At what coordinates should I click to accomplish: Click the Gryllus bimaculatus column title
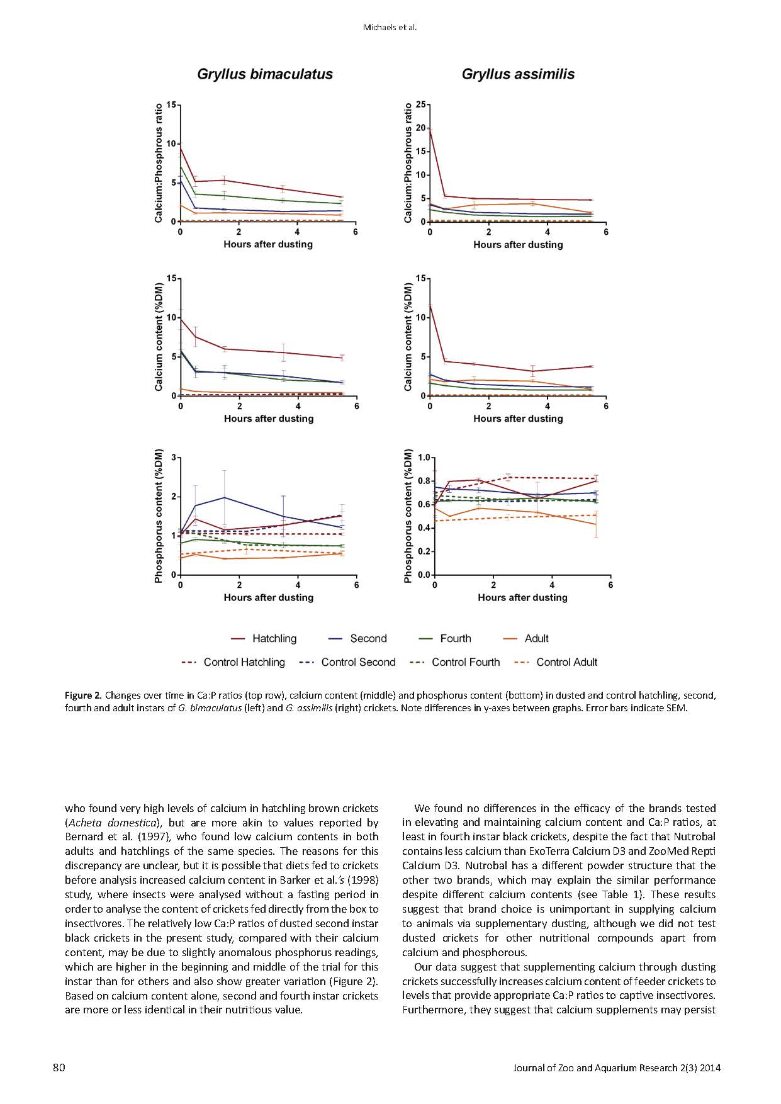coord(265,74)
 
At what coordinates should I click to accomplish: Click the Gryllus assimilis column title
coord(518,74)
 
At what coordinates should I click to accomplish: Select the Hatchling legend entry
coord(274,638)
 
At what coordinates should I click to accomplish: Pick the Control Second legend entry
coord(358,662)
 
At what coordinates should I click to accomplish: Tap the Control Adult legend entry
coord(566,662)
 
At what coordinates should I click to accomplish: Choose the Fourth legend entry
coord(455,638)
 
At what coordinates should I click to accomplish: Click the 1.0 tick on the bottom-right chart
coord(424,458)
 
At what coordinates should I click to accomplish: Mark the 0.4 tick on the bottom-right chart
coord(424,528)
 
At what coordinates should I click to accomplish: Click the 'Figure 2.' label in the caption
coord(82,696)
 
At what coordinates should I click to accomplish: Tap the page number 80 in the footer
coord(59,1067)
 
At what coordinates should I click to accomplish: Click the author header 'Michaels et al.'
coord(390,27)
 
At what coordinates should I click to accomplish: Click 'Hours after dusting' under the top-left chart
coord(268,244)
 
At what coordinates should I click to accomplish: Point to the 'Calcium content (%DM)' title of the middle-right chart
coord(408,337)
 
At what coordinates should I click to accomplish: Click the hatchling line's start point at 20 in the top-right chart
coord(430,128)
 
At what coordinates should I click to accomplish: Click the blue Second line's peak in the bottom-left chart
coord(225,497)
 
